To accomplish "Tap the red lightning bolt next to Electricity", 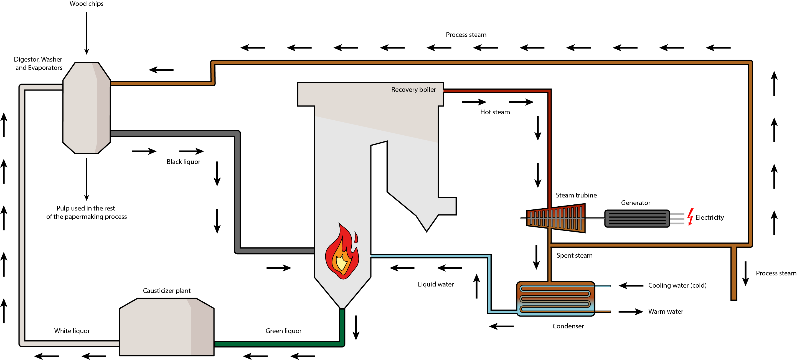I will (690, 217).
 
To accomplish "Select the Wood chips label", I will (86, 4).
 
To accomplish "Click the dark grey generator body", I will (637, 219).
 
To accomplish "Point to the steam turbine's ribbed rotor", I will (556, 218).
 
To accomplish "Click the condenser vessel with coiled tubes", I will (555, 298).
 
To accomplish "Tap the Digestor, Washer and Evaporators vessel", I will (86, 108).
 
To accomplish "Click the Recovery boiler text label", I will (413, 90).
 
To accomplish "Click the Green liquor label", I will (283, 331).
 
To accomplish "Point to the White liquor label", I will (72, 331).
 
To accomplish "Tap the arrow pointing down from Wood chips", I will (87, 33).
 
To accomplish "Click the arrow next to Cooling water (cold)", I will (631, 285).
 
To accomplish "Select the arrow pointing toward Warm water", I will (631, 311).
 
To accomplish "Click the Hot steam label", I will (495, 112).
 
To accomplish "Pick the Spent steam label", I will (574, 255).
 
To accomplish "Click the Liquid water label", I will (435, 284).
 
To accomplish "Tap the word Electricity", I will (709, 217).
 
